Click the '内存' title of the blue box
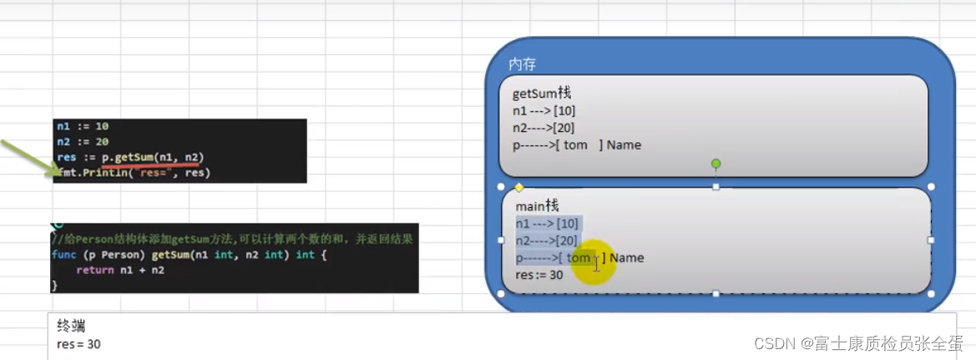click(522, 64)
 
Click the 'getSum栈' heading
click(542, 93)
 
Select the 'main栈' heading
click(537, 205)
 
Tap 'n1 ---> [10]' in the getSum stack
click(544, 110)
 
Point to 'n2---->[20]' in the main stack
click(547, 241)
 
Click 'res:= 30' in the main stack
click(539, 275)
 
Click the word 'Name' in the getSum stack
click(624, 145)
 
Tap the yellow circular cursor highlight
click(594, 261)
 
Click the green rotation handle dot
click(716, 164)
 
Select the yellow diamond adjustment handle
click(518, 187)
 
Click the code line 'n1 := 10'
click(83, 126)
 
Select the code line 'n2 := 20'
click(83, 142)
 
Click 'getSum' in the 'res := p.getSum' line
click(135, 157)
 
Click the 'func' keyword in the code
click(63, 255)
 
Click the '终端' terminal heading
click(71, 326)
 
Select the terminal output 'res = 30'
click(78, 343)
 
